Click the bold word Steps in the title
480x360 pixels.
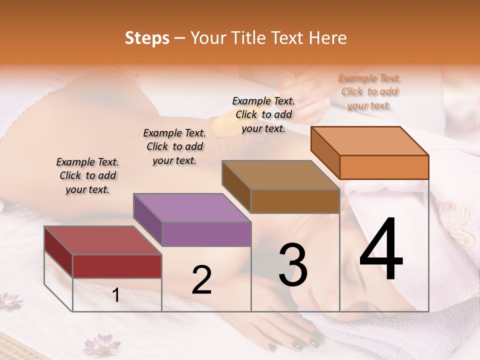147,38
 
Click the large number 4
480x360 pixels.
381,249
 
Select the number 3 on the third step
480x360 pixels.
293,264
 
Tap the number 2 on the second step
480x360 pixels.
201,280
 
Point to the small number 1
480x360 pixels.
116,295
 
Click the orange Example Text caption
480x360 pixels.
369,91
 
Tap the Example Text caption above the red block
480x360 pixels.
87,175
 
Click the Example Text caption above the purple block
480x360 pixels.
174,146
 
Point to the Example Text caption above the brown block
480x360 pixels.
263,114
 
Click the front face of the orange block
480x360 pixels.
384,167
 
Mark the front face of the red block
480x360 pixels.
117,266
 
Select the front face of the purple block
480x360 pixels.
206,234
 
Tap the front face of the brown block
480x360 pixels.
295,201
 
